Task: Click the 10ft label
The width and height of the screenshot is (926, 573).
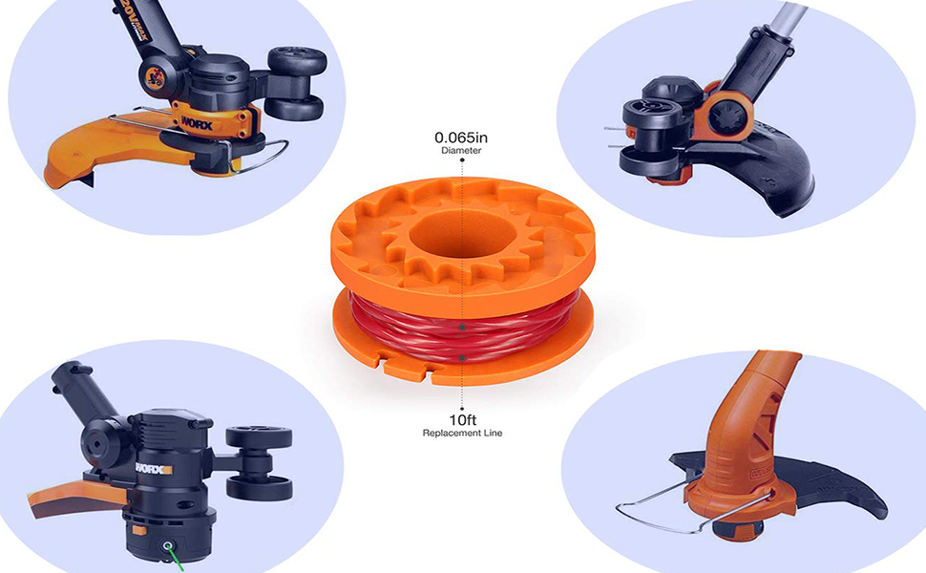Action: tap(462, 419)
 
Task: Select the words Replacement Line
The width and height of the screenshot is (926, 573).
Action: tap(462, 434)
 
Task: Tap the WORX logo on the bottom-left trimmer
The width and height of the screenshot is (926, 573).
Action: tap(153, 469)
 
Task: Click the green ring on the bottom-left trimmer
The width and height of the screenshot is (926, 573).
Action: tap(168, 547)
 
